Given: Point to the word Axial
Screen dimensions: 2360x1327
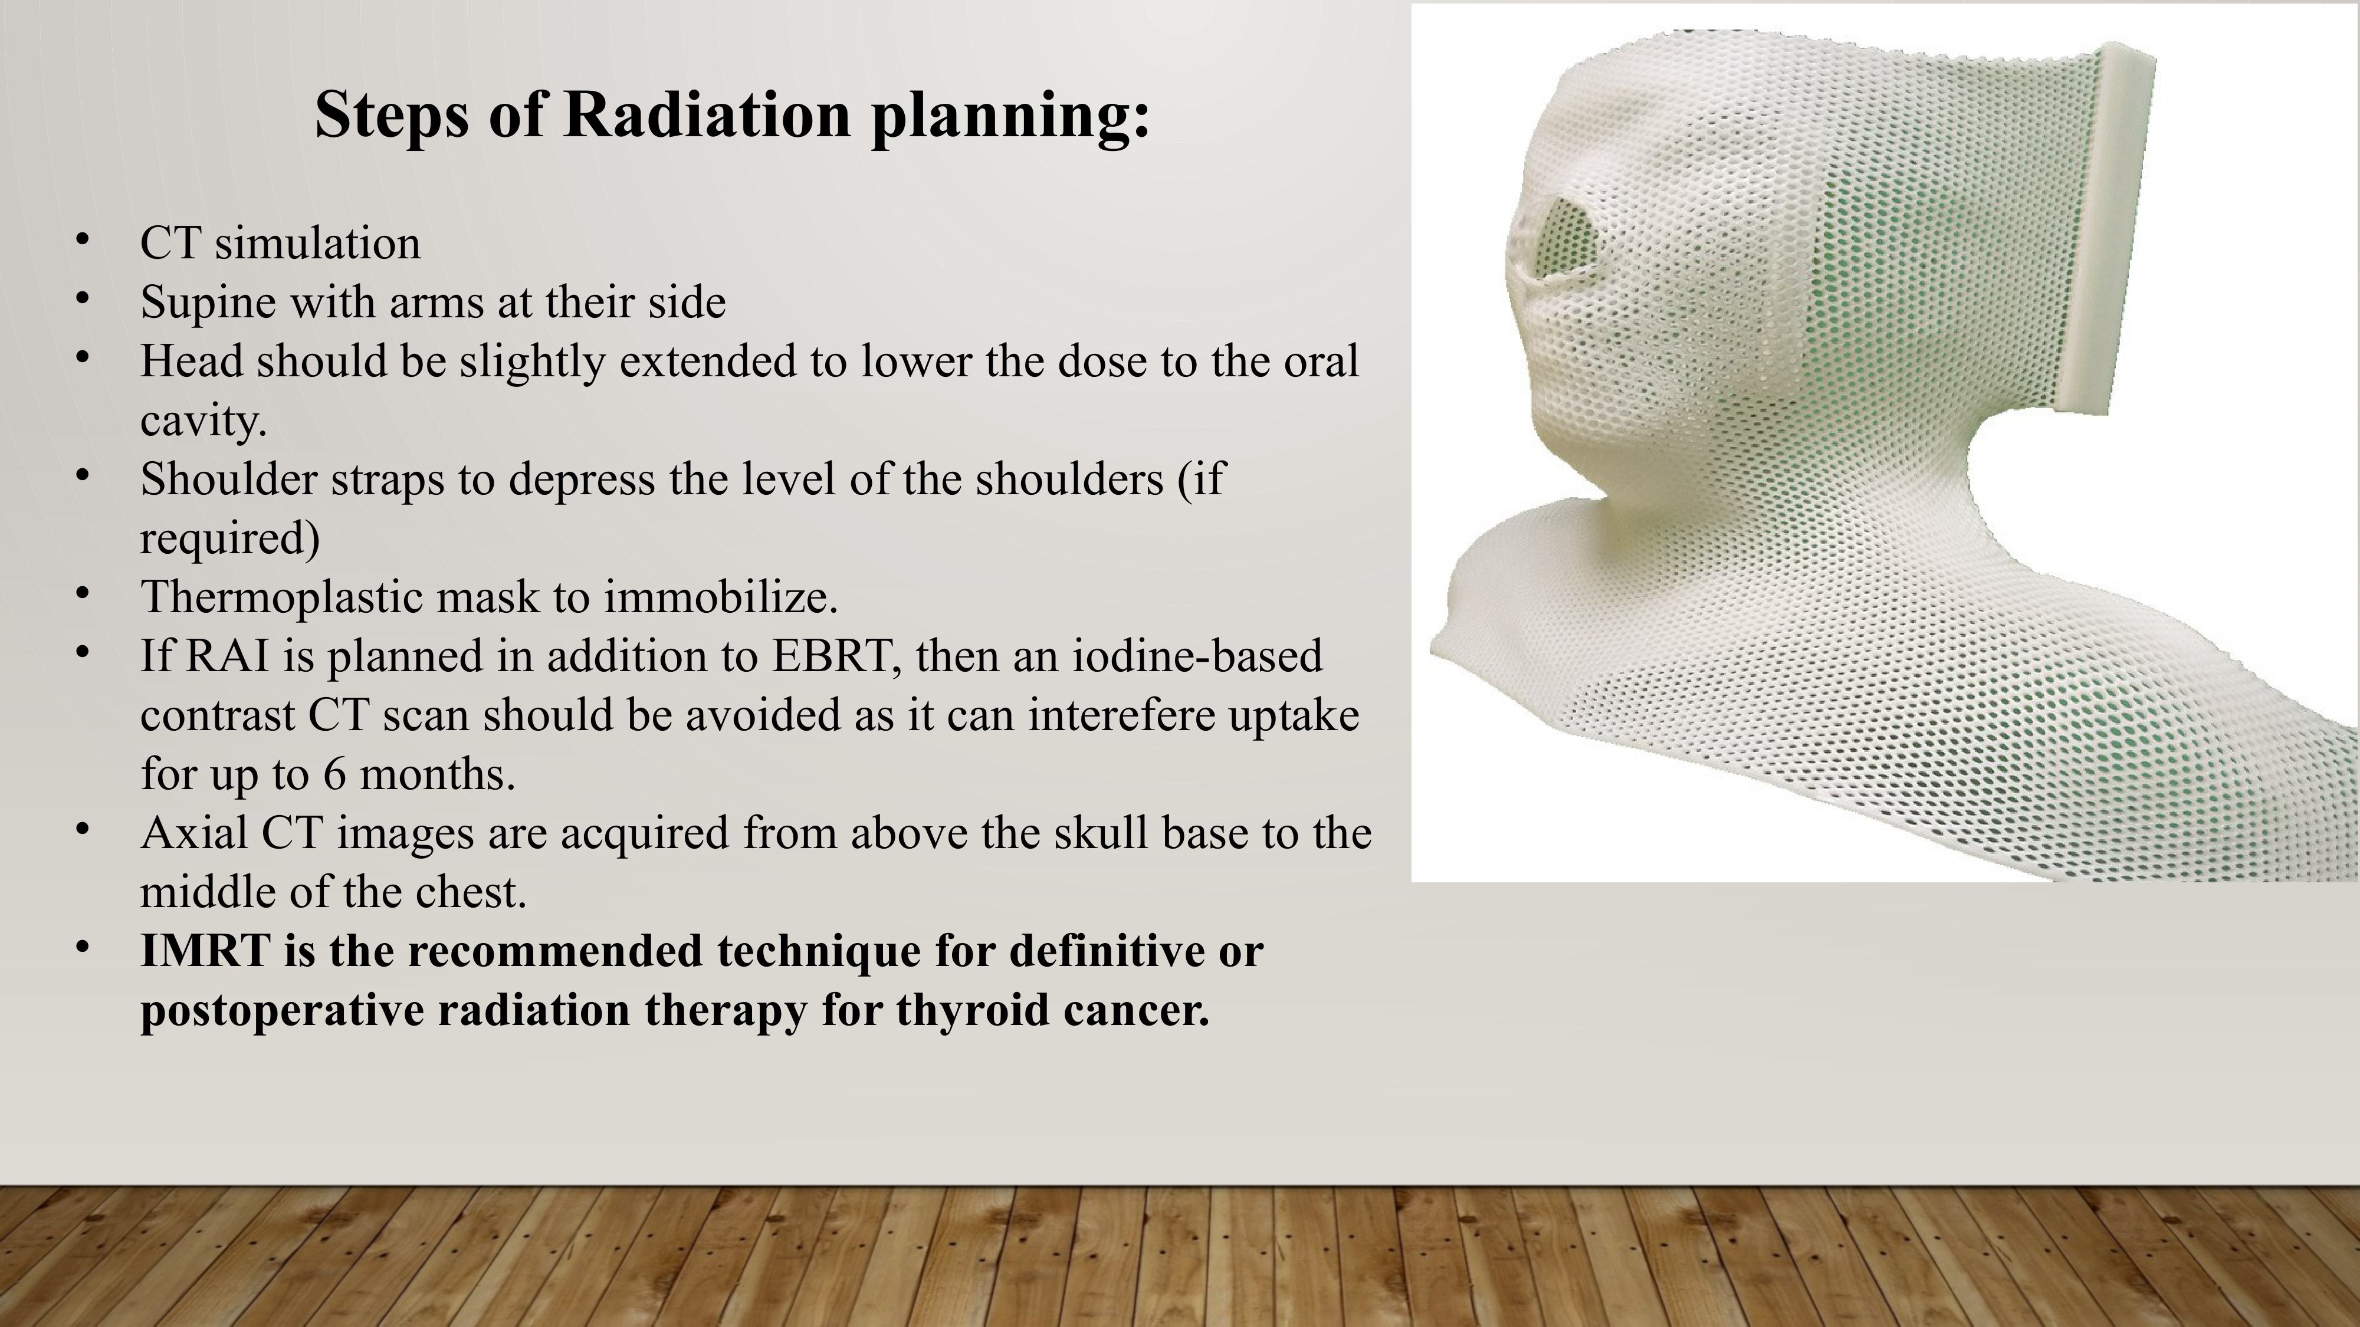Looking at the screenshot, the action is click(194, 833).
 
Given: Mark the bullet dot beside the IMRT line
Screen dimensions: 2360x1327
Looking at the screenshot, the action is click(83, 947).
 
